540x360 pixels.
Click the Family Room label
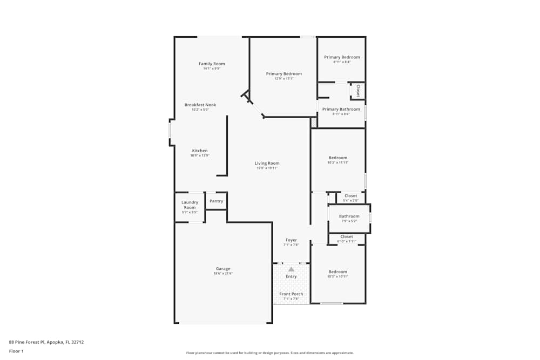click(212, 64)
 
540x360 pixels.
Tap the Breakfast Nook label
click(200, 105)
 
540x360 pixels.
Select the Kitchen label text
click(200, 151)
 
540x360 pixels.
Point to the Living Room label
click(267, 163)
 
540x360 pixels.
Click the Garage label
click(223, 268)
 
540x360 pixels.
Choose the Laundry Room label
click(190, 205)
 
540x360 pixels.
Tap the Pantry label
click(217, 201)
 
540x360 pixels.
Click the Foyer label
click(291, 240)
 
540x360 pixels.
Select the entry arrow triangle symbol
click(291, 269)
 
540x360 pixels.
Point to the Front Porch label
click(291, 294)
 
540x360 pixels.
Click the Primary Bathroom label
click(341, 109)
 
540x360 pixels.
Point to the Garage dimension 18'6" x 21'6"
click(223, 273)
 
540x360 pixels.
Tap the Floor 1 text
click(16, 351)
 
